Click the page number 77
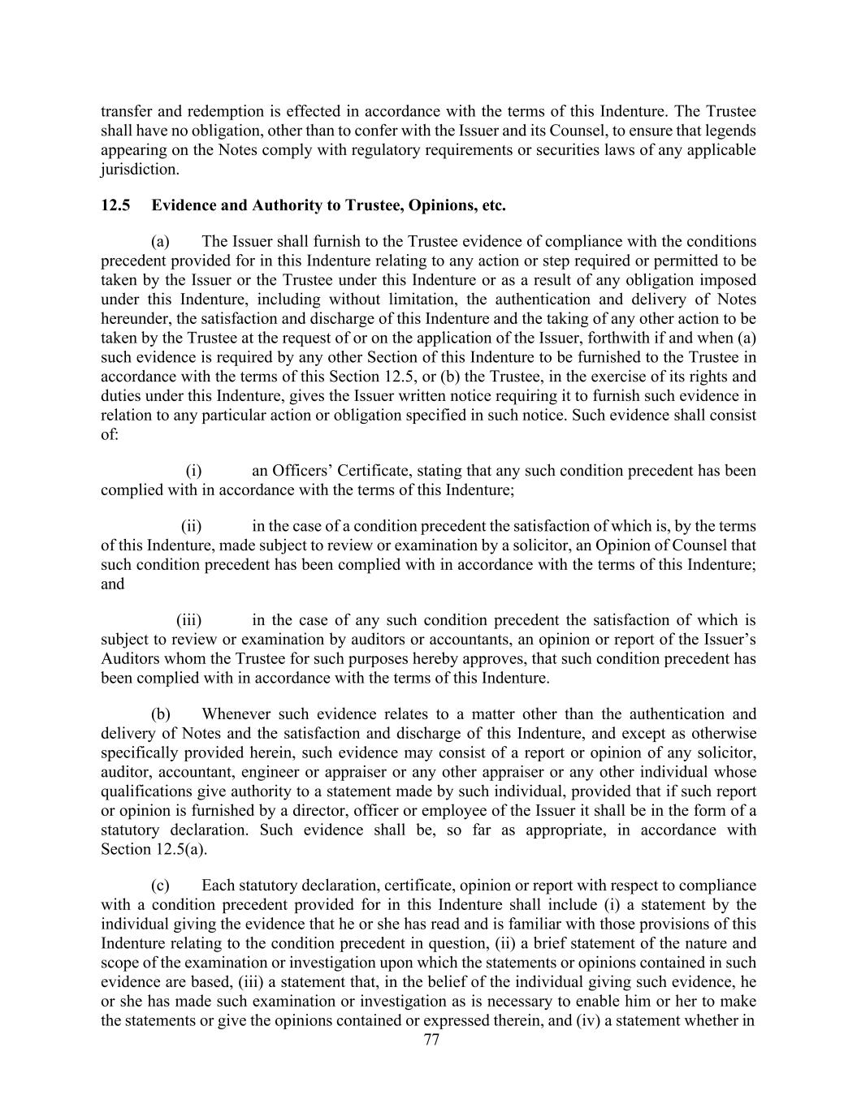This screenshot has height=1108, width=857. point(431,1040)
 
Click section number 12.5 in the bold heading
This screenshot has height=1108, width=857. point(115,205)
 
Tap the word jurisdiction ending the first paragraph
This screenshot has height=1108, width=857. point(139,170)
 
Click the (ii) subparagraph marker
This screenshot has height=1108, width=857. point(191,526)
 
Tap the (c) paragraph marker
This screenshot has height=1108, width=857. point(160,885)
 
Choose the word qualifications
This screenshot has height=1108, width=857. point(143,791)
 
